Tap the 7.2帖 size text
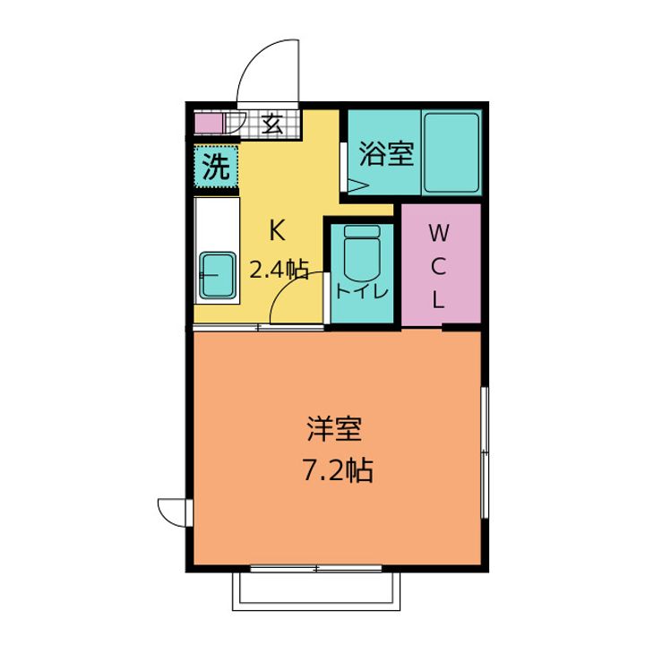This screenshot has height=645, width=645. pyautogui.click(x=336, y=470)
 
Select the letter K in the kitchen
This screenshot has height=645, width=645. pyautogui.click(x=277, y=231)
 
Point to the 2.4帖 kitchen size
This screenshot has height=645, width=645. pyautogui.click(x=279, y=268)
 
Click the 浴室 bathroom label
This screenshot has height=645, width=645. pyautogui.click(x=386, y=153)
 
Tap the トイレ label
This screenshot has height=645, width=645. pyautogui.click(x=362, y=291)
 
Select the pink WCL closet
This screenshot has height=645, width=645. pyautogui.click(x=438, y=265)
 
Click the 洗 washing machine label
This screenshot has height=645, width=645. pyautogui.click(x=216, y=167)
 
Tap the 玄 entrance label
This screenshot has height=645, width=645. pyautogui.click(x=273, y=124)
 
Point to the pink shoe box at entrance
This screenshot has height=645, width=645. pyautogui.click(x=208, y=123)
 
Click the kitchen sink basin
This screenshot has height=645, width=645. pyautogui.click(x=217, y=276)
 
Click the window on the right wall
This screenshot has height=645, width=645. pyautogui.click(x=484, y=452)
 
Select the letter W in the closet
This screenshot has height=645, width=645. pyautogui.click(x=438, y=235)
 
